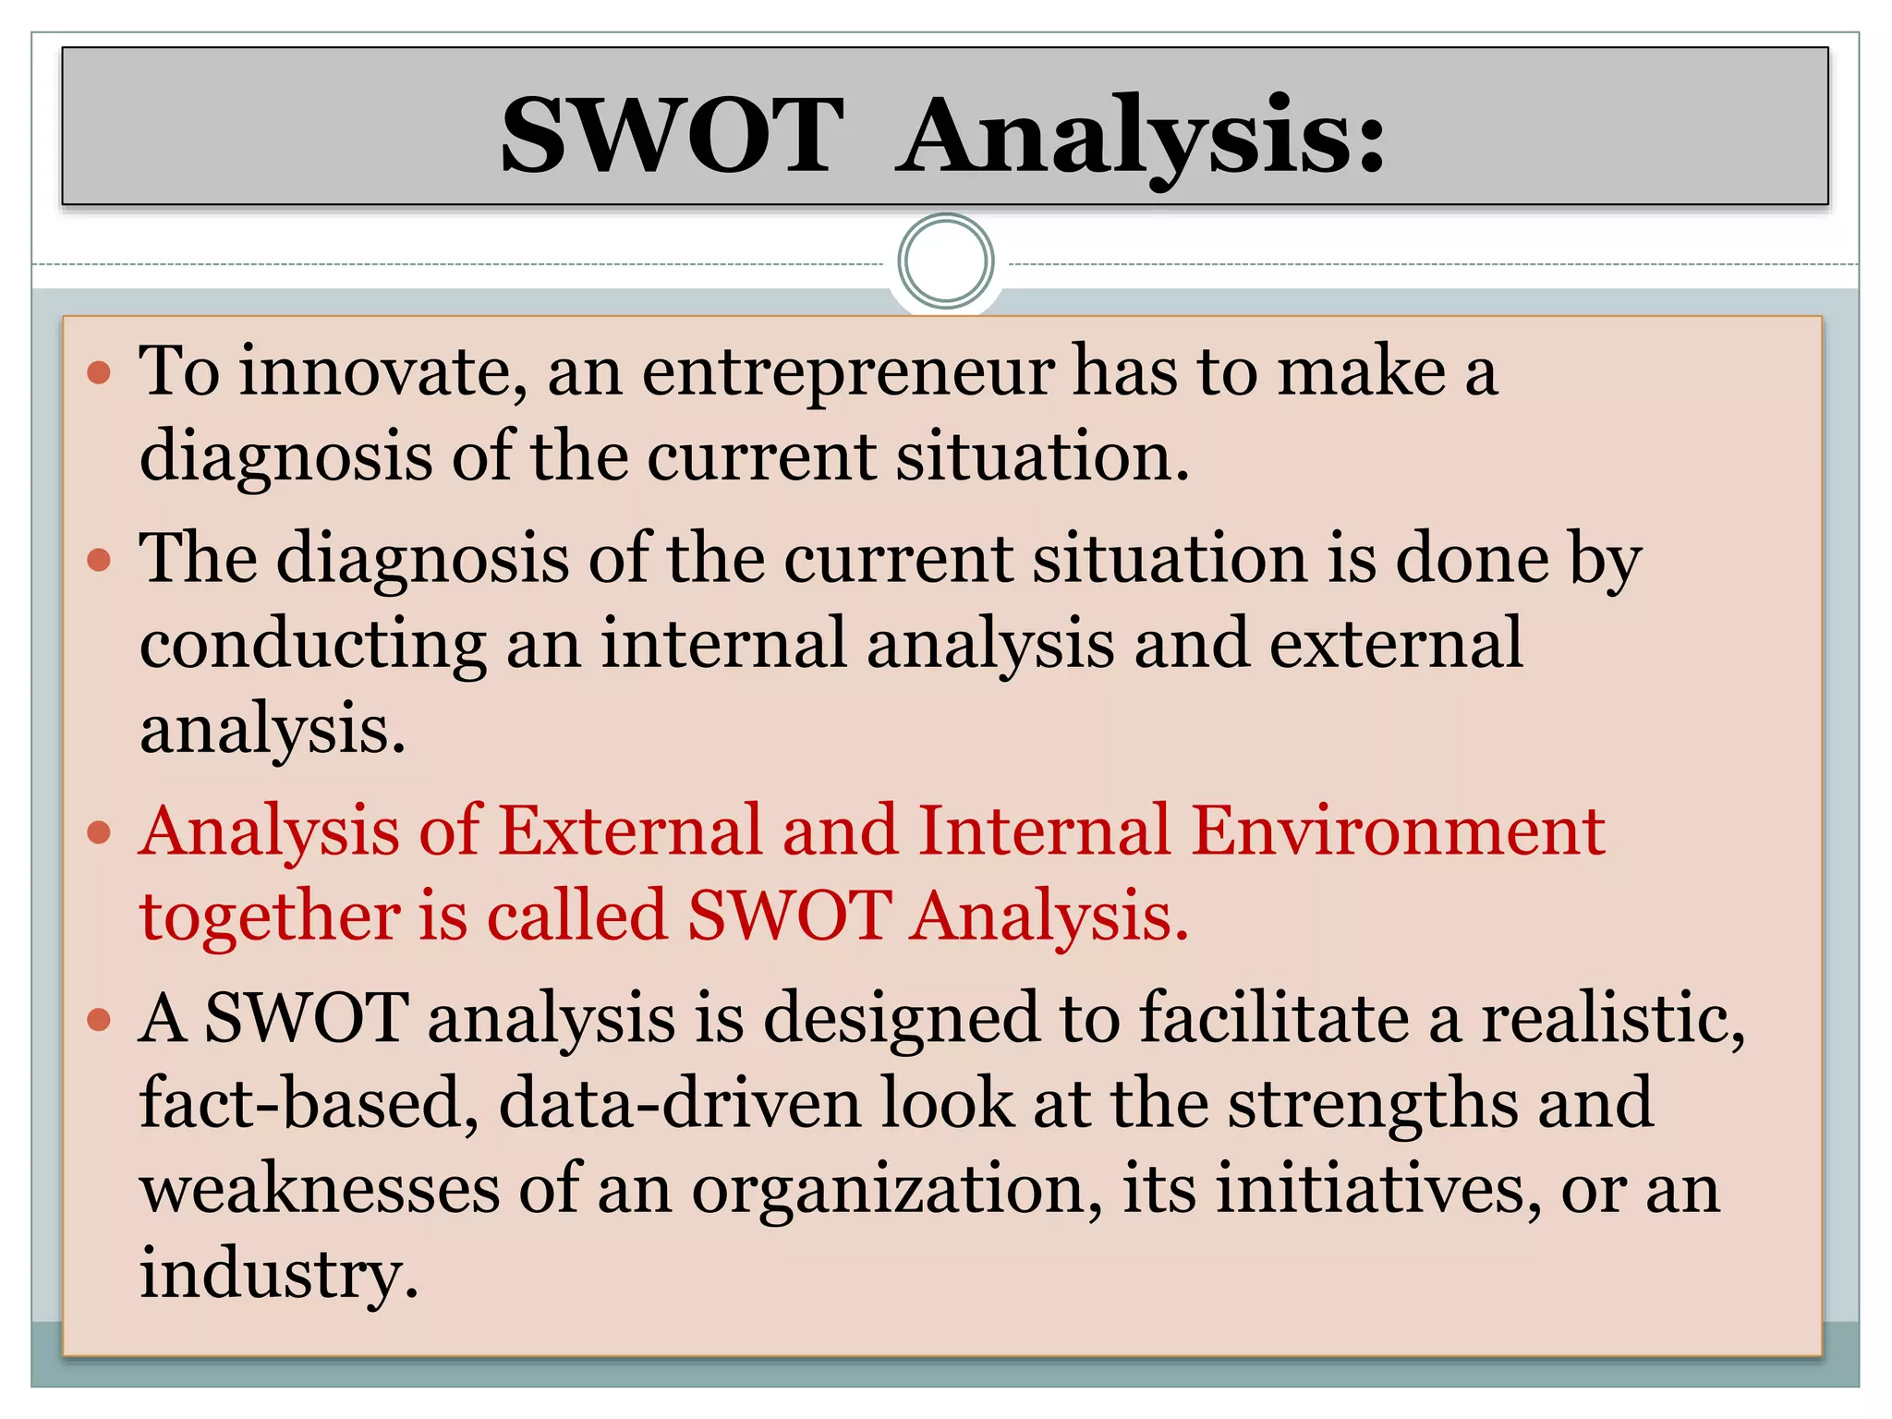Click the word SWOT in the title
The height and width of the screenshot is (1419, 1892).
[x=672, y=136]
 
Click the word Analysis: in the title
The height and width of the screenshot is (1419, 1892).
[x=1142, y=136]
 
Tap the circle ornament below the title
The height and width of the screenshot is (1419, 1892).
[x=945, y=261]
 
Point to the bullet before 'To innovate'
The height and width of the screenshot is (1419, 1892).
[x=99, y=373]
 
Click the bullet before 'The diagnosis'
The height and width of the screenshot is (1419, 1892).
[x=99, y=560]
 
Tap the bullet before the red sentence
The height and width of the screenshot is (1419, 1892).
[x=99, y=833]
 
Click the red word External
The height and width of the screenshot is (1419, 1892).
[x=631, y=831]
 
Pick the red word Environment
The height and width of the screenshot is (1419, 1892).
[x=1398, y=831]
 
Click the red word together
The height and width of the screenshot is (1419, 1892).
[x=270, y=917]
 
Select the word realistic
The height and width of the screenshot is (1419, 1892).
[x=1611, y=1018]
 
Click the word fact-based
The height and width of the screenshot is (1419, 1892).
[x=309, y=1104]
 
